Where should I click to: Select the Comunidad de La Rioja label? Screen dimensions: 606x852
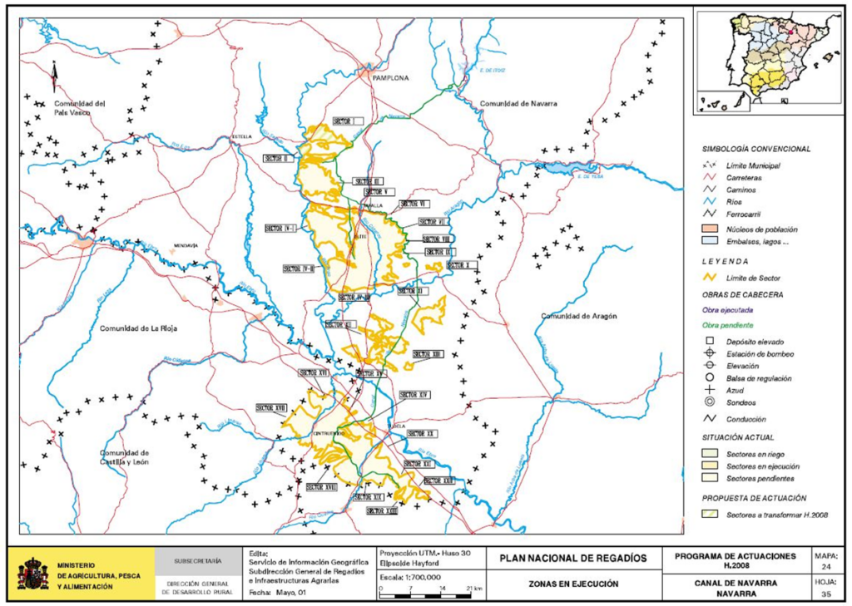point(138,328)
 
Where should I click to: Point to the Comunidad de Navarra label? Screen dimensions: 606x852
point(518,103)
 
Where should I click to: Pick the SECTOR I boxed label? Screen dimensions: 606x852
point(347,121)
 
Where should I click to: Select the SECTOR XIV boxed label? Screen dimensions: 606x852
point(413,393)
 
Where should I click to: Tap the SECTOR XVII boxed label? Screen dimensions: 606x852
point(271,407)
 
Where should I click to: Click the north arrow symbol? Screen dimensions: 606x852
point(54,76)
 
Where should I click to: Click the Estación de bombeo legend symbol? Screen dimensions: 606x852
point(710,354)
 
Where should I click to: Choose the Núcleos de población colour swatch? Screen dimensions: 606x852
point(711,228)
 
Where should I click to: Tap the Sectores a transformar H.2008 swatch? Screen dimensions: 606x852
point(711,515)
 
